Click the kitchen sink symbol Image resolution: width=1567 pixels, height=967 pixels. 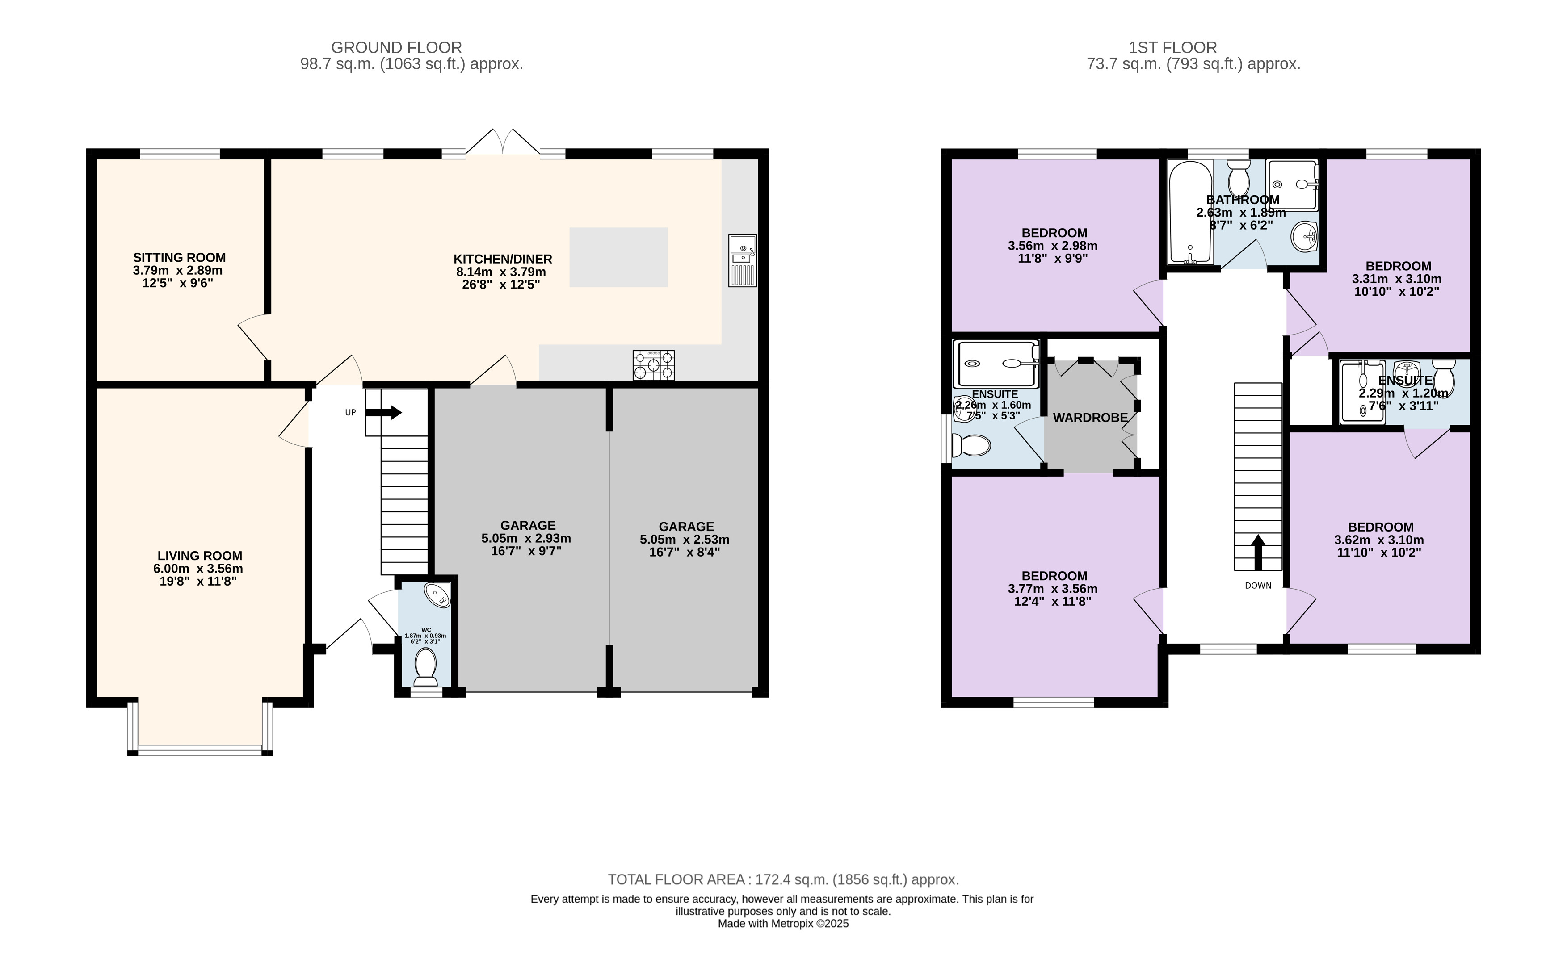click(742, 260)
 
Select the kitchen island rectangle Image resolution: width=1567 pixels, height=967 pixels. click(618, 257)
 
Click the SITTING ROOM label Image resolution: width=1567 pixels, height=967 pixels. click(179, 258)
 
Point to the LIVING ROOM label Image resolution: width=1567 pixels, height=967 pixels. click(200, 556)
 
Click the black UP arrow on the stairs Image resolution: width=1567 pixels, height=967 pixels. click(384, 413)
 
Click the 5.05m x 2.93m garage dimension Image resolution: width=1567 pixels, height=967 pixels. click(526, 539)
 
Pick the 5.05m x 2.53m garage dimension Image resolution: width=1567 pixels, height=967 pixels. click(685, 539)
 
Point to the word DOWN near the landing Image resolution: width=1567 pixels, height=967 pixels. click(1258, 586)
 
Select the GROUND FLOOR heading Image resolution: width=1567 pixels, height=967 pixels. click(396, 48)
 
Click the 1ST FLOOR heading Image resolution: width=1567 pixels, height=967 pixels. click(1173, 48)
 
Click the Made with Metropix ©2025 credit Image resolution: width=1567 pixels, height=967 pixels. click(784, 924)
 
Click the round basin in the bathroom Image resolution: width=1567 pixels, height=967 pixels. click(1305, 237)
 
